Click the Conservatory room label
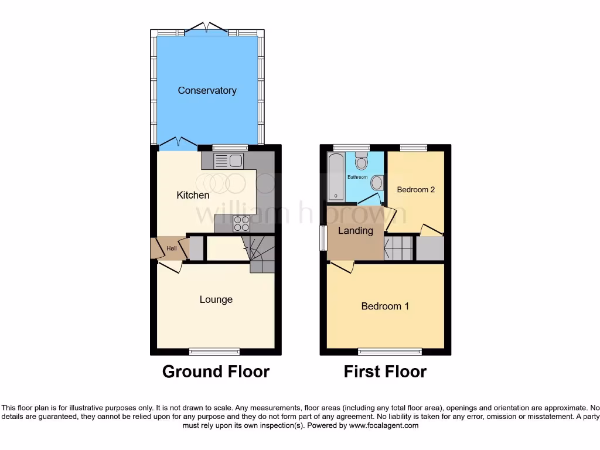(x=207, y=90)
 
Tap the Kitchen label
(x=193, y=195)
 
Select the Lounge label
(x=216, y=299)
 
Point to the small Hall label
(x=171, y=248)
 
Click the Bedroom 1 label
(x=385, y=306)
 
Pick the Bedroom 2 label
(x=415, y=190)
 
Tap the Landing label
(x=355, y=230)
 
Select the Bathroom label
(x=357, y=177)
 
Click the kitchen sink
(x=229, y=161)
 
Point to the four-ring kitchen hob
(x=241, y=223)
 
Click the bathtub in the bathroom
(x=336, y=176)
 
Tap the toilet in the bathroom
(x=362, y=161)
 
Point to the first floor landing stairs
(x=398, y=247)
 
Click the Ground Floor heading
(x=216, y=371)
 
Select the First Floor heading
(x=385, y=371)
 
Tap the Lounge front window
(x=214, y=352)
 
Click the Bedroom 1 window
(x=390, y=352)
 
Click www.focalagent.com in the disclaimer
(x=384, y=425)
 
